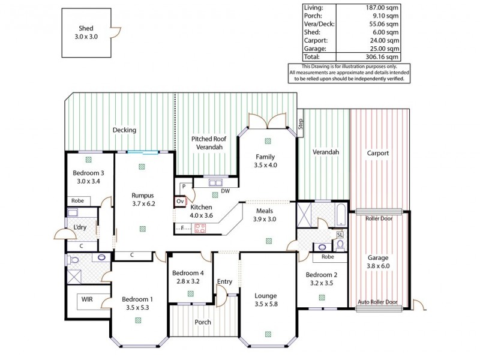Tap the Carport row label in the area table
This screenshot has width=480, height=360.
tap(315, 41)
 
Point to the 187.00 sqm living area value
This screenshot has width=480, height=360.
tap(382, 7)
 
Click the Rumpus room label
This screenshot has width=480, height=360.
tap(143, 196)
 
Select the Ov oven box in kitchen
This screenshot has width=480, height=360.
tap(181, 202)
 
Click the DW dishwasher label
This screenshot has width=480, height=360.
tap(225, 191)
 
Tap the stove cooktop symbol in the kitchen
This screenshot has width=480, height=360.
tap(199, 228)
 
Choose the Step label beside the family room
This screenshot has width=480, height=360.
tap(301, 124)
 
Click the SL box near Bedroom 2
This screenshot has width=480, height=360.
tap(340, 235)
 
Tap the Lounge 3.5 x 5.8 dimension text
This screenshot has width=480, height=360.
tap(265, 304)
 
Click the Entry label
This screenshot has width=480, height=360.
tap(224, 281)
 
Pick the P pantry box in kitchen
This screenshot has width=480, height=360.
tap(182, 187)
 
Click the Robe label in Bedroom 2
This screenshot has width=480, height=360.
tap(328, 256)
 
